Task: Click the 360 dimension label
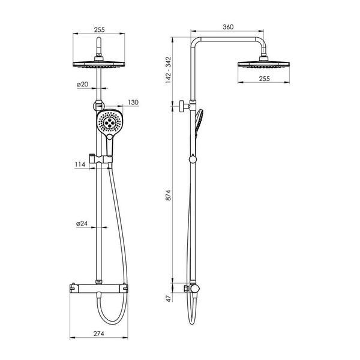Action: (x=228, y=27)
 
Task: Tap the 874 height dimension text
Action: (x=169, y=195)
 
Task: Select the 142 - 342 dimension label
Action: (x=169, y=70)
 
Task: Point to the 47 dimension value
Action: (x=169, y=298)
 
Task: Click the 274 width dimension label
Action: (x=99, y=334)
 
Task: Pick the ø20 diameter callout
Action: (x=82, y=84)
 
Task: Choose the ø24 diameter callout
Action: (x=82, y=223)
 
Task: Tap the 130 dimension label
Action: (x=133, y=103)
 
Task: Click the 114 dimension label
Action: (x=80, y=164)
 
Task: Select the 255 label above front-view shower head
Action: (x=100, y=29)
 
